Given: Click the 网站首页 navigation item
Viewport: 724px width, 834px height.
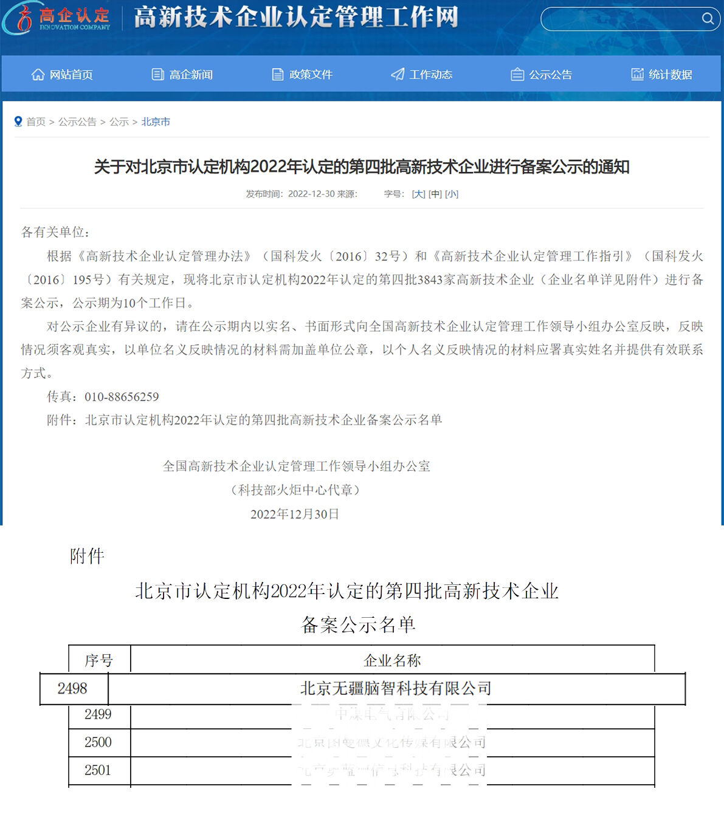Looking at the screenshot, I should point(63,75).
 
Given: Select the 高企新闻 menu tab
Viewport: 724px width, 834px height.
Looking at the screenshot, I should point(182,75).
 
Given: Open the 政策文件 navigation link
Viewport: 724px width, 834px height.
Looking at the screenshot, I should point(302,75).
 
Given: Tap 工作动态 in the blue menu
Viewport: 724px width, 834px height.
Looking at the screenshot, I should point(422,75).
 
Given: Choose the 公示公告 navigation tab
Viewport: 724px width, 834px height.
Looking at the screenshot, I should point(542,75).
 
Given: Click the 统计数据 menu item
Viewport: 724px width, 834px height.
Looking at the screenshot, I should point(662,75).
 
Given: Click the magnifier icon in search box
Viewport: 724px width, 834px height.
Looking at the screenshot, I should point(708,19).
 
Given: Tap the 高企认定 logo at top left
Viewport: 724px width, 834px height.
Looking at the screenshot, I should point(58,18).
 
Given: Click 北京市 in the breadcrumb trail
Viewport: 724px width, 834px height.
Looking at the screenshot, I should point(156,122).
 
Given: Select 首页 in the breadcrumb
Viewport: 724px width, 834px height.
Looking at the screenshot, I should point(36,122).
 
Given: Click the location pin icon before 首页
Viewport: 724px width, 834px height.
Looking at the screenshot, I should point(18,122).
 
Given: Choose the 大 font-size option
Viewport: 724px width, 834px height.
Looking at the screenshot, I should point(418,194).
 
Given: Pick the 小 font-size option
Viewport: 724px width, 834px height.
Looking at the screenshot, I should point(452,194).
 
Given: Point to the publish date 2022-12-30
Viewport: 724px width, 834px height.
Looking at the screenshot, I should point(311,194).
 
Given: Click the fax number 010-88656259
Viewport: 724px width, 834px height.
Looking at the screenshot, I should point(122,397).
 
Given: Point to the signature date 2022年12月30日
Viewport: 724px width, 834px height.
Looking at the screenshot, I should point(295,514).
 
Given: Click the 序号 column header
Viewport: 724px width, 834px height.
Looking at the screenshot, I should point(99,660).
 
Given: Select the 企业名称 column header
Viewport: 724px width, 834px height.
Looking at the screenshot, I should point(392,660).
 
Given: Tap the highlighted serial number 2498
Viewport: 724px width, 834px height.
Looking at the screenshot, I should point(72,689).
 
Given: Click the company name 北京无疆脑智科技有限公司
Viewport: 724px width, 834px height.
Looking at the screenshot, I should point(396,689).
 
